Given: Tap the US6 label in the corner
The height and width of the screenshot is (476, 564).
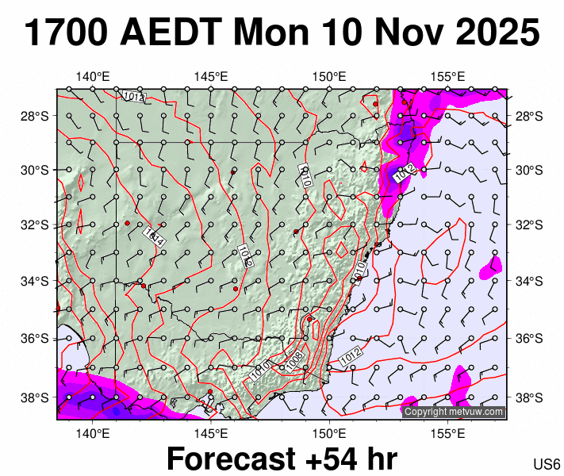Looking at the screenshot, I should point(547,464).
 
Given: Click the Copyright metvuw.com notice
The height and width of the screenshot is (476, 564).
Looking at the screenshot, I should point(454,412).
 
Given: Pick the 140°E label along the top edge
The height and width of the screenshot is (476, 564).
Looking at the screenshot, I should point(93,77).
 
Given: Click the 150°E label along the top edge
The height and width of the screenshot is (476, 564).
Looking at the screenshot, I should point(328,77).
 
